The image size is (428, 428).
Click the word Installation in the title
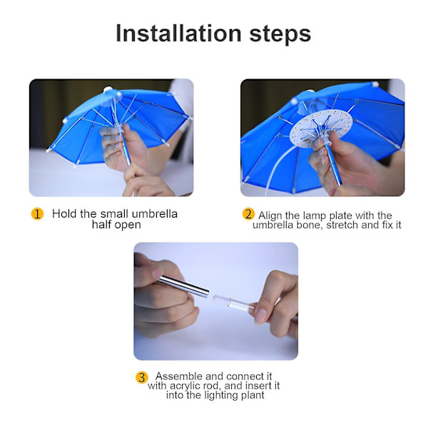pos(179,34)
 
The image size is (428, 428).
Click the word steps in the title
pos(280,35)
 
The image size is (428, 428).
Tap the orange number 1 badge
pos(37,214)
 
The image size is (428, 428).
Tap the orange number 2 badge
pos(248,214)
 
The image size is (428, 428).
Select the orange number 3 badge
pos(142,377)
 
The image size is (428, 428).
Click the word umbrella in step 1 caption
pos(155,214)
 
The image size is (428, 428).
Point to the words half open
pos(116,225)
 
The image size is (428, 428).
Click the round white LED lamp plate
pos(322,129)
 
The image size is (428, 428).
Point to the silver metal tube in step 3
pos(183,286)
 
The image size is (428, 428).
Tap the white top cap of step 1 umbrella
pos(107,89)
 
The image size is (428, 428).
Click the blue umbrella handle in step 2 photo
pos(334,165)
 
